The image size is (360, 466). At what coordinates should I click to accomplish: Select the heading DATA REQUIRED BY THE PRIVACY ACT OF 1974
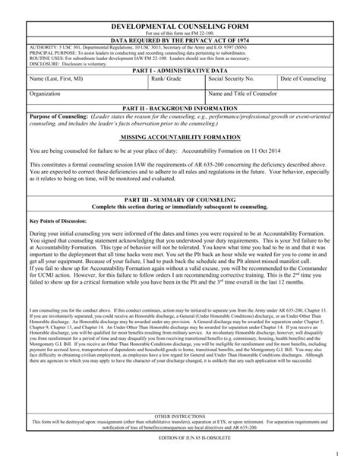pyautogui.click(x=180, y=40)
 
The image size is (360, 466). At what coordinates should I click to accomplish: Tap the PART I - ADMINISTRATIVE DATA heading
pyautogui.click(x=180, y=70)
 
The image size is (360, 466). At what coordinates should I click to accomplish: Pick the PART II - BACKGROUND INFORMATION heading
pyautogui.click(x=180, y=109)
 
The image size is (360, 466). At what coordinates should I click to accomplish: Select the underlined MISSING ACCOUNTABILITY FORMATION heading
pyautogui.click(x=180, y=139)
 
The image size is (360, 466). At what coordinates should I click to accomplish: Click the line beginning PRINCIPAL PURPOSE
pyautogui.click(x=144, y=52)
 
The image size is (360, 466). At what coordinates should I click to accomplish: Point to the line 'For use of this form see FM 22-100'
pyautogui.click(x=180, y=32)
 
